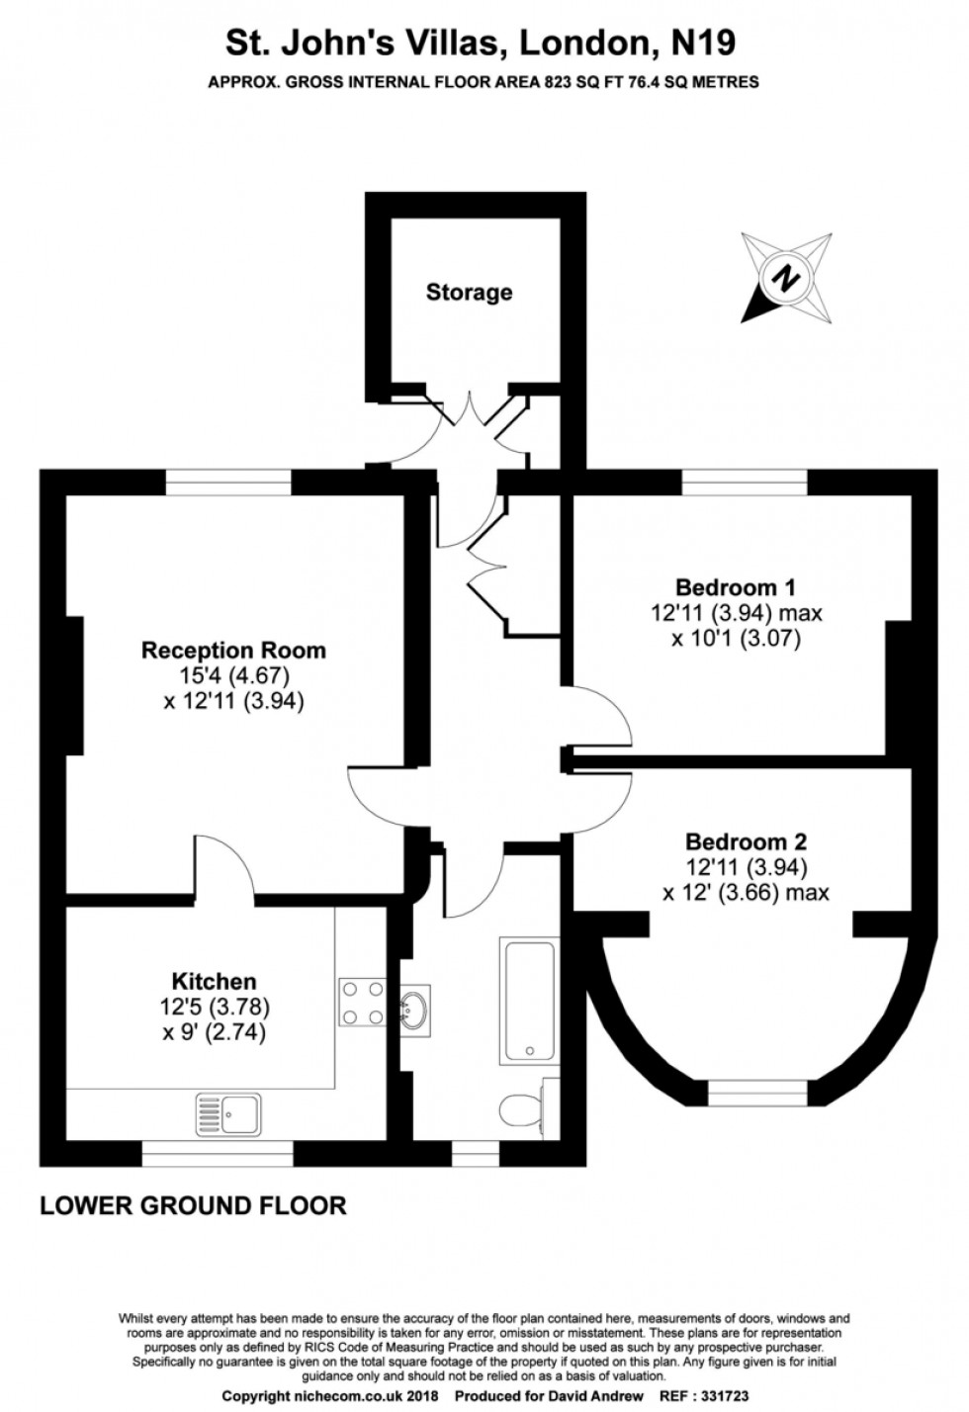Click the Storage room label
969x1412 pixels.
[469, 292]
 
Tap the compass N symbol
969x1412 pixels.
[785, 277]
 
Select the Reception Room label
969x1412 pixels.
[234, 650]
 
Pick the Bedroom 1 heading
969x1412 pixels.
[736, 587]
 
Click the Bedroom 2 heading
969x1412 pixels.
[746, 842]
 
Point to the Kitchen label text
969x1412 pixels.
[215, 982]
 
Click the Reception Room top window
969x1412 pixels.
[228, 483]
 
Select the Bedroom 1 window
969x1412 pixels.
[745, 483]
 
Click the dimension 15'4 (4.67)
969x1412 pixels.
[234, 675]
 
